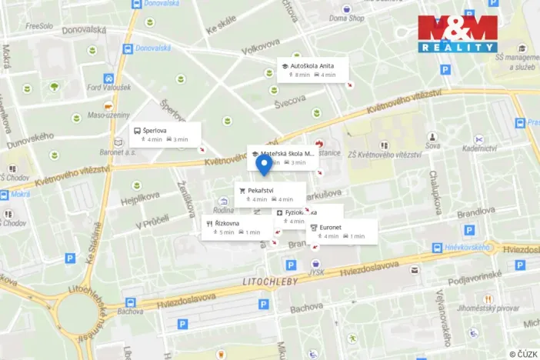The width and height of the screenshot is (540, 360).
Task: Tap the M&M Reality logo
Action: [457, 34]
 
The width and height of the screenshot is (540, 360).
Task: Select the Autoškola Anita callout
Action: [312, 70]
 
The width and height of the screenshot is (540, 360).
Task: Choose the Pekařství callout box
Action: [269, 195]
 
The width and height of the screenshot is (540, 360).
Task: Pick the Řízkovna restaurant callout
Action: [237, 227]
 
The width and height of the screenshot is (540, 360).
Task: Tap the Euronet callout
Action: [342, 232]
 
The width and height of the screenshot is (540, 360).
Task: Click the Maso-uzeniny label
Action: [108, 115]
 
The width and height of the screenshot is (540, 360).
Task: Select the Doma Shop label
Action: [346, 18]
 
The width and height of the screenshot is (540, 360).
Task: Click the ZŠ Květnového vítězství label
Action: [385, 155]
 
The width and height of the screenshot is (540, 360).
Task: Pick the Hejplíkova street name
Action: [139, 200]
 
